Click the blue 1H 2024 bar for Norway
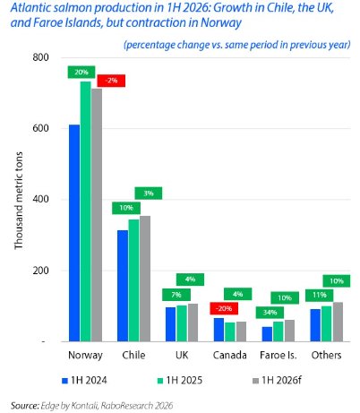74,233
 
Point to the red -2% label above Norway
111,80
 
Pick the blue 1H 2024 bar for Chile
123,286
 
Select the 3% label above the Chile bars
149,194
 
